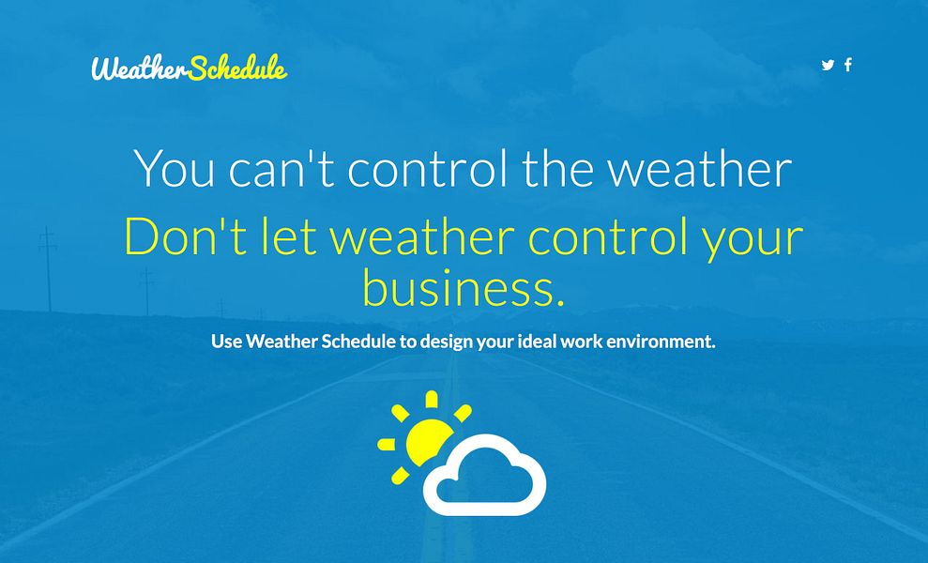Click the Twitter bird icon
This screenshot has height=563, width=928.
828,65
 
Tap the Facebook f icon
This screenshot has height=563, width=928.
848,65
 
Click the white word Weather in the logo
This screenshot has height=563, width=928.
139,68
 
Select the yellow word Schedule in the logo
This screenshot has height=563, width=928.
237,68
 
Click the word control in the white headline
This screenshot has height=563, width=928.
428,169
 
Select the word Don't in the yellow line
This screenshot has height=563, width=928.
185,236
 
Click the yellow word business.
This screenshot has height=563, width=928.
464,288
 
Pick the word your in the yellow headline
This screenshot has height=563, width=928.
753,236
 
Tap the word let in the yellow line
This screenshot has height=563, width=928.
288,236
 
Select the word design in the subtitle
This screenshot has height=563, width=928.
446,342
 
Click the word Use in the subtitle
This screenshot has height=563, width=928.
226,342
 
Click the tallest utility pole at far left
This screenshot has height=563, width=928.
47,267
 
